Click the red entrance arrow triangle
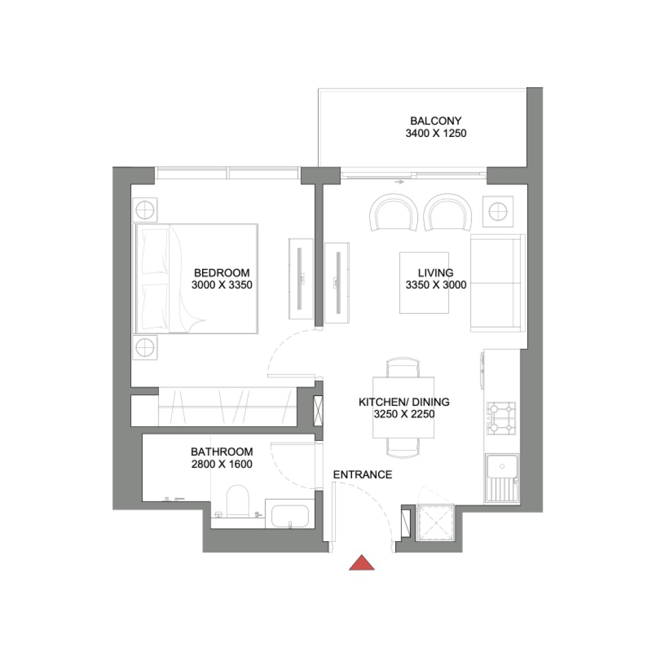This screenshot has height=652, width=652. tap(362, 563)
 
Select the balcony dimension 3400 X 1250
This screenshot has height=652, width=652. tap(435, 133)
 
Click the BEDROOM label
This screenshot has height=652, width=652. tap(222, 273)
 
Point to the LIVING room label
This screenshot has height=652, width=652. tap(435, 273)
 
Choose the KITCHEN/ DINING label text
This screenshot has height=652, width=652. tap(404, 402)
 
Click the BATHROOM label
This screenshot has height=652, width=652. tap(222, 452)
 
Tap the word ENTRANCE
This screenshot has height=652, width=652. tap(362, 475)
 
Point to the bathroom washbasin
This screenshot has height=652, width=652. tap(289, 516)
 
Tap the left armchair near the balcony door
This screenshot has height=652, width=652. tap(393, 213)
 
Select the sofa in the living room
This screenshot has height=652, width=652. tap(497, 283)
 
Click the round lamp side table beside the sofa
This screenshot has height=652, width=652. tap(497, 210)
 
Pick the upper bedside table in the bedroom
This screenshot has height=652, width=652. tap(144, 210)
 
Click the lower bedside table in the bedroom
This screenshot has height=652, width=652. tap(144, 348)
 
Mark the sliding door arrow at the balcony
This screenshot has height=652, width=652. tap(399, 182)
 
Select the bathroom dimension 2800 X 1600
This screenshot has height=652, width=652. tap(222, 464)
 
